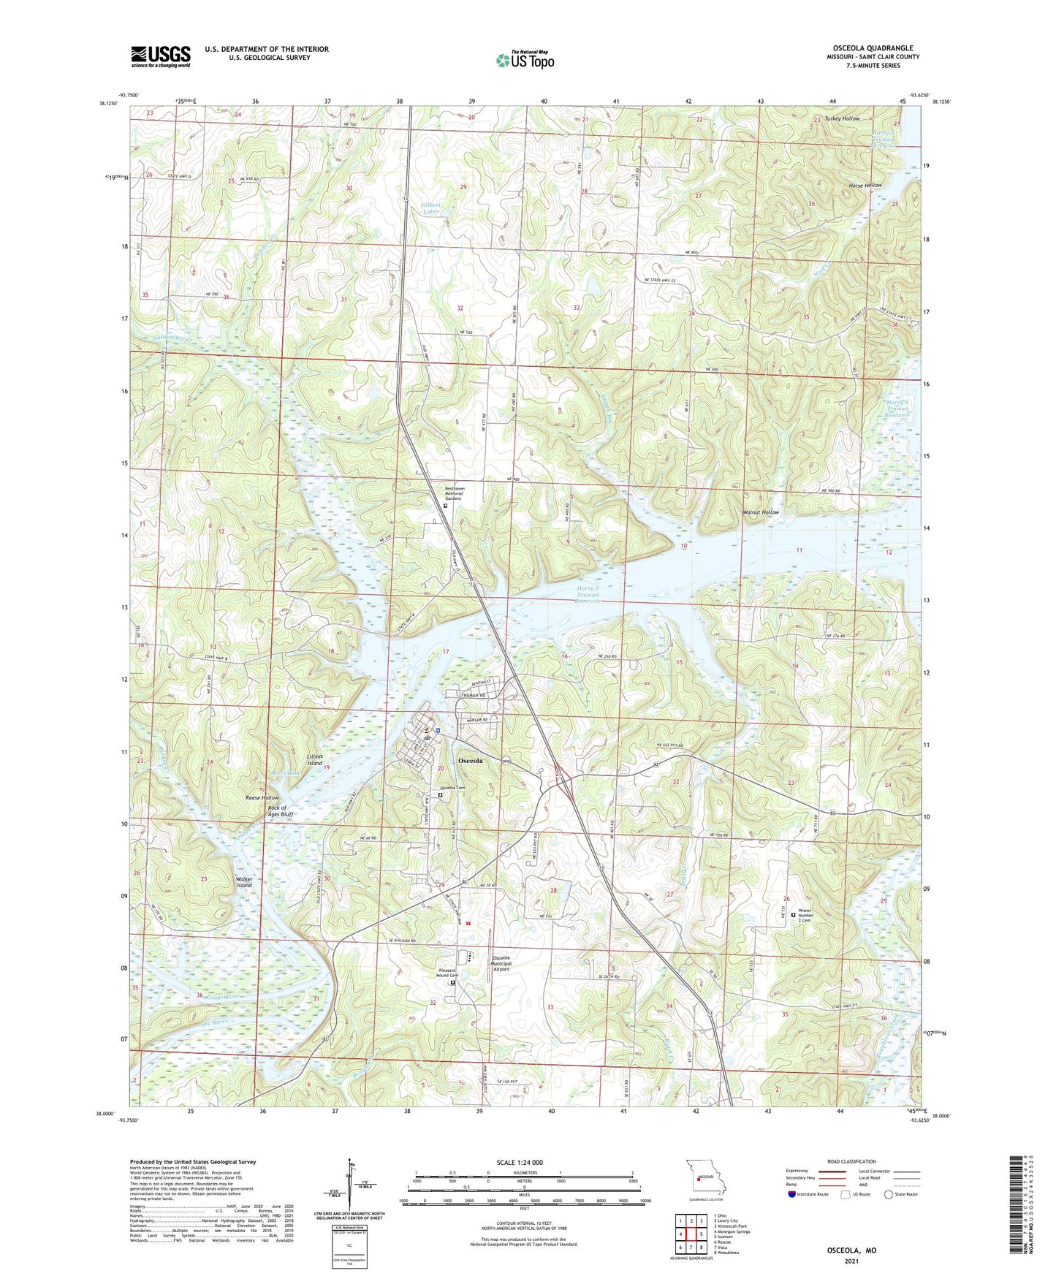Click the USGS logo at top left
click(160, 56)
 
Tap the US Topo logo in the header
click(524, 60)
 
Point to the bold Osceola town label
click(470, 761)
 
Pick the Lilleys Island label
click(314, 759)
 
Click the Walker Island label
click(244, 882)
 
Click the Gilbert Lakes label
click(431, 207)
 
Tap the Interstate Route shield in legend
click(793, 1215)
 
